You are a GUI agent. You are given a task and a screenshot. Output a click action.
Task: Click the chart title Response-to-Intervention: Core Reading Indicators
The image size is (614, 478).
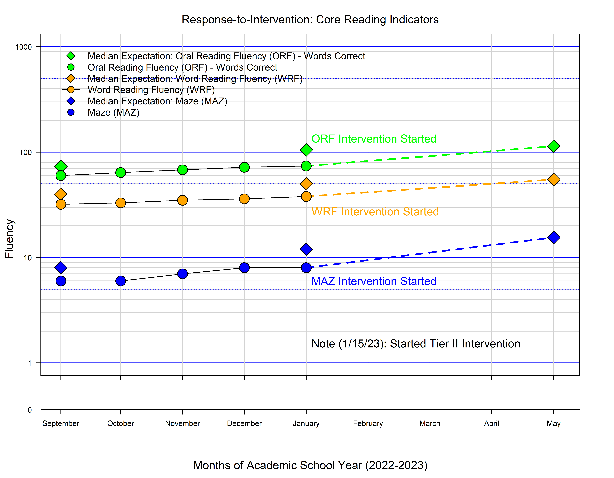pyautogui.click(x=310, y=20)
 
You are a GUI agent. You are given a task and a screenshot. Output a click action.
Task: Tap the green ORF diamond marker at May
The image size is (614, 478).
pyautogui.click(x=553, y=146)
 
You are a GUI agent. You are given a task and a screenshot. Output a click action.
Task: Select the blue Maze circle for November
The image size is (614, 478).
pyautogui.click(x=182, y=274)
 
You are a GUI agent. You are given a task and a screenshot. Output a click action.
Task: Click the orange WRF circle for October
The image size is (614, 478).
pyautogui.click(x=121, y=203)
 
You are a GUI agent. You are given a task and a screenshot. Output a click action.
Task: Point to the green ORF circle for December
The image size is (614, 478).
pyautogui.click(x=244, y=167)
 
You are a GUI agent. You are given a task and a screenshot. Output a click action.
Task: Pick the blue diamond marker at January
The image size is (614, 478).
pyautogui.click(x=306, y=249)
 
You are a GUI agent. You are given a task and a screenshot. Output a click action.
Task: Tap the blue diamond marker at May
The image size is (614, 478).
pyautogui.click(x=553, y=237)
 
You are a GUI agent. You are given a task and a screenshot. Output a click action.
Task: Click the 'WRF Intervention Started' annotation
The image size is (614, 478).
pyautogui.click(x=375, y=212)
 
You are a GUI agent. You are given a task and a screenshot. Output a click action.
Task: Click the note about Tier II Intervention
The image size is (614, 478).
pyautogui.click(x=415, y=344)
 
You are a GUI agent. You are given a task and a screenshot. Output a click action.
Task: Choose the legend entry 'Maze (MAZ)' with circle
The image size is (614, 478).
pyautogui.click(x=113, y=113)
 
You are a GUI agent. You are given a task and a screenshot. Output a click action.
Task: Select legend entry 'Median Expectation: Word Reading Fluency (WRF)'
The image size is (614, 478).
pyautogui.click(x=195, y=79)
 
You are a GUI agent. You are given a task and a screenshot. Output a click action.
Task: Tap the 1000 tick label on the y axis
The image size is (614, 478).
pyautogui.click(x=24, y=47)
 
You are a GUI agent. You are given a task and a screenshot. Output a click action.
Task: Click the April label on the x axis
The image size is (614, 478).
pyautogui.click(x=491, y=423)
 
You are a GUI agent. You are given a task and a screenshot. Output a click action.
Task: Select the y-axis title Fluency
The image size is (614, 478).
pyautogui.click(x=9, y=239)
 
